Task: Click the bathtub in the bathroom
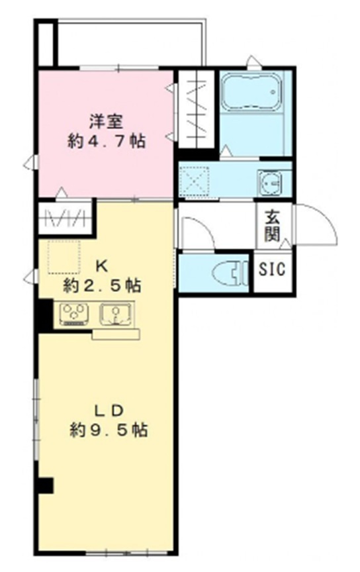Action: (251, 91)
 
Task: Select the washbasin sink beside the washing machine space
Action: (269, 181)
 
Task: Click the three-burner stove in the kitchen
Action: (74, 314)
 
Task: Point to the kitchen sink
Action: (116, 314)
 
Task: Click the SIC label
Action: (272, 269)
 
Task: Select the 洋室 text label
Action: (107, 121)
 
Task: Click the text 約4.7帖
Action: (107, 141)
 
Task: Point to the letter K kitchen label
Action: (101, 266)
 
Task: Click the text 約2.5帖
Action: (103, 285)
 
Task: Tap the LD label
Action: (109, 411)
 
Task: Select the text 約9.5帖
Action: (109, 430)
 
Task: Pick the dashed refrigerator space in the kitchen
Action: (64, 257)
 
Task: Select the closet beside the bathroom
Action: (197, 109)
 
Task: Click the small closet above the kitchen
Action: (65, 218)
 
